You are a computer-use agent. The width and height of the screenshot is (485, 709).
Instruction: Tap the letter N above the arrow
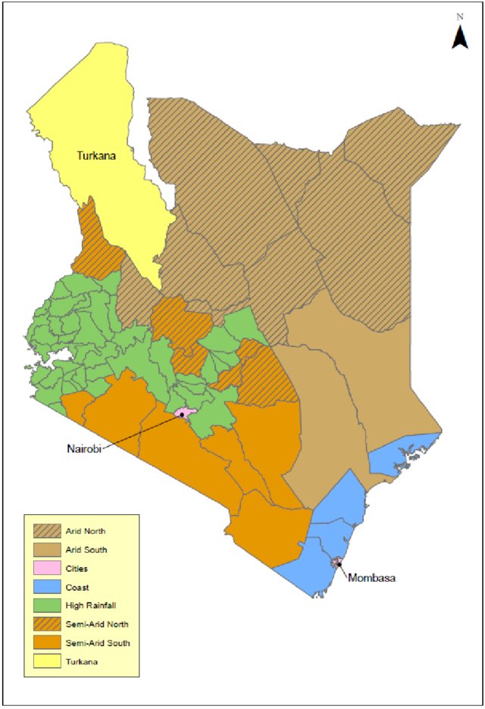click(460, 16)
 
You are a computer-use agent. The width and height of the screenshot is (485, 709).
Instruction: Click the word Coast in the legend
click(77, 587)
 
